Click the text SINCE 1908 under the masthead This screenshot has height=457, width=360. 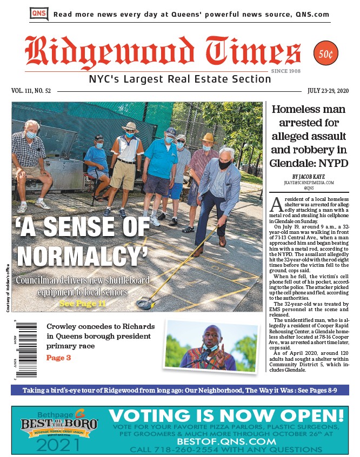(286, 71)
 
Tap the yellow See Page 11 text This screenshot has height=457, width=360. (83, 304)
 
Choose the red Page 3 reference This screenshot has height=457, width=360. (58, 358)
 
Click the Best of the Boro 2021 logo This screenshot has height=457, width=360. (59, 430)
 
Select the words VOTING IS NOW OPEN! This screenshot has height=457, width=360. (226, 416)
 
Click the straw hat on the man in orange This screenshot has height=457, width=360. (130, 127)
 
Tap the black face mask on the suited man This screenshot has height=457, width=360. (224, 165)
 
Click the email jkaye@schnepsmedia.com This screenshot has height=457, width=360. (309, 183)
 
